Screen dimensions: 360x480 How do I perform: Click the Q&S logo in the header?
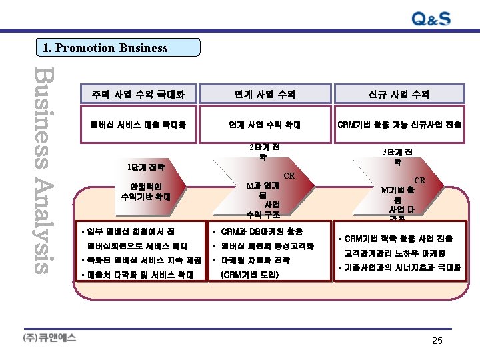tap(421, 19)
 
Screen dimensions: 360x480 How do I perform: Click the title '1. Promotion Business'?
tap(105, 48)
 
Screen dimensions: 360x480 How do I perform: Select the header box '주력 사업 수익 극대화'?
tap(139, 95)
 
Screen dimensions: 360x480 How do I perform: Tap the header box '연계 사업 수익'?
tap(265, 95)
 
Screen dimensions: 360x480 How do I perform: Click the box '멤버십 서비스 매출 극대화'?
tap(139, 124)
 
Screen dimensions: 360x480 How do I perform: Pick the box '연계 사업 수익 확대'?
tap(265, 124)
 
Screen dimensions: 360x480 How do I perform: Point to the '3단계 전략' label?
tap(397, 156)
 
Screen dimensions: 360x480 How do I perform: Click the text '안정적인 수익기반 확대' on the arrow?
tap(146, 192)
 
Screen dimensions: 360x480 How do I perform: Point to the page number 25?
tap(437, 341)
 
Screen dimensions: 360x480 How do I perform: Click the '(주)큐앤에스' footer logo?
tap(50, 337)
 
